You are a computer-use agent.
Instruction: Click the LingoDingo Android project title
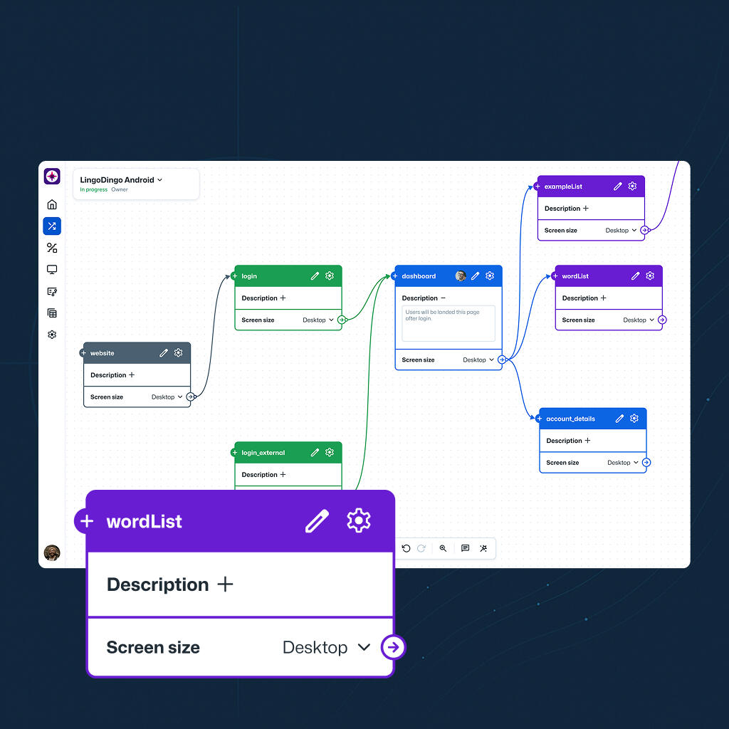(117, 180)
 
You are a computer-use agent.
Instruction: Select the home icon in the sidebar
(52, 204)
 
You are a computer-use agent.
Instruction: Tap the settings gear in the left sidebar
(52, 335)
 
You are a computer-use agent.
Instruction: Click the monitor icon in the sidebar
(52, 270)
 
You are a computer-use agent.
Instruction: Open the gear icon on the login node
(330, 276)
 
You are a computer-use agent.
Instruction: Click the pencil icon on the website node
(164, 353)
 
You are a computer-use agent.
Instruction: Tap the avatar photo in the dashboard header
(461, 276)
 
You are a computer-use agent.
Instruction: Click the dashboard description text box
(449, 323)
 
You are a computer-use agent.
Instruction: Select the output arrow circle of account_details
(646, 462)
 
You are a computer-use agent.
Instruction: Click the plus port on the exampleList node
(537, 187)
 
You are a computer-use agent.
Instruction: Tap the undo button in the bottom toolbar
(406, 548)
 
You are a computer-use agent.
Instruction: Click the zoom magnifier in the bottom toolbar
(443, 548)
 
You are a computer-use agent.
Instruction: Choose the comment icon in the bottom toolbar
(465, 548)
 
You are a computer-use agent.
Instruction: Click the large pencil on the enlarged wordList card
(317, 520)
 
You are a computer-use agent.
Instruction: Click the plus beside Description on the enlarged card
(225, 584)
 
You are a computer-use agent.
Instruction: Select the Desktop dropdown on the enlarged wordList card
(326, 647)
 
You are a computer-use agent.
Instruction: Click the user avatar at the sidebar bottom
(52, 552)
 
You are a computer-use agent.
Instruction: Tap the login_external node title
(263, 452)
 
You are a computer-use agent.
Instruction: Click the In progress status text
(93, 189)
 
